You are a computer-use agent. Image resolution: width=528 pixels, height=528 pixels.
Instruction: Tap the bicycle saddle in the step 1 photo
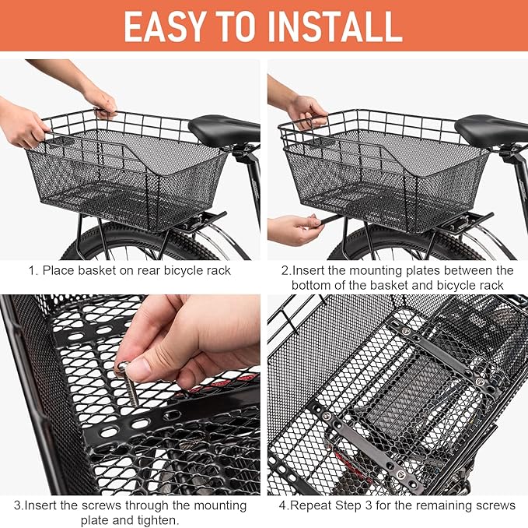click(223, 128)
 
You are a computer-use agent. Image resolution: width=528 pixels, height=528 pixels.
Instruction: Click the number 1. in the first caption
click(33, 271)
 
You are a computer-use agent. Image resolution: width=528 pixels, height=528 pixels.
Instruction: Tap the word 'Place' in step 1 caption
click(58, 271)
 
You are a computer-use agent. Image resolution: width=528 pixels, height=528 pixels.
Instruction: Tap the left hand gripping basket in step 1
click(23, 125)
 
